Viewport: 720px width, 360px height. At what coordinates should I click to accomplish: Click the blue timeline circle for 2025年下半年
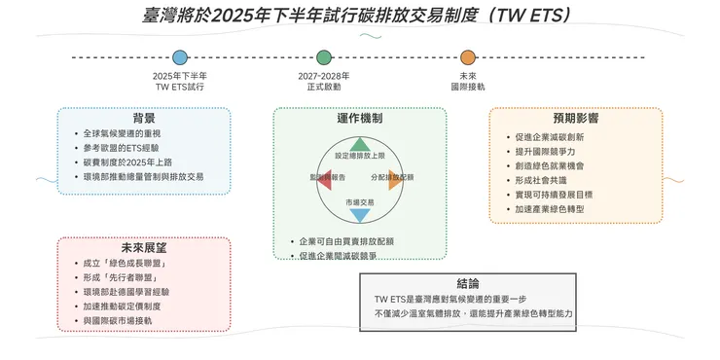(180, 58)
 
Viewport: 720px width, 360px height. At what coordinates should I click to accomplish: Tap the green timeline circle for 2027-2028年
(323, 58)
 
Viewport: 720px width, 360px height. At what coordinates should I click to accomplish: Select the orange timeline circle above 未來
(468, 58)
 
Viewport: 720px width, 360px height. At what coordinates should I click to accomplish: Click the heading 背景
(144, 118)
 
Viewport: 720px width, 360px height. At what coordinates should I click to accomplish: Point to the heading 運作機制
(359, 118)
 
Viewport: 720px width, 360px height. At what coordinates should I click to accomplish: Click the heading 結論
(467, 284)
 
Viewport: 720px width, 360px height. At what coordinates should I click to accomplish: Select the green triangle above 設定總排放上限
(359, 144)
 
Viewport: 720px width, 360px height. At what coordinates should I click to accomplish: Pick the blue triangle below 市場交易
(359, 215)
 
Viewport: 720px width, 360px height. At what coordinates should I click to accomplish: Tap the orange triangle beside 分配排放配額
(393, 179)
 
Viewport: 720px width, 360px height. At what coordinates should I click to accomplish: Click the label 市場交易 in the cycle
(359, 200)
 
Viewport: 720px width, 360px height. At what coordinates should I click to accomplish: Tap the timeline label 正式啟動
(323, 87)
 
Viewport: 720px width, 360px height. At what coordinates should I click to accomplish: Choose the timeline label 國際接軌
(468, 87)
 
